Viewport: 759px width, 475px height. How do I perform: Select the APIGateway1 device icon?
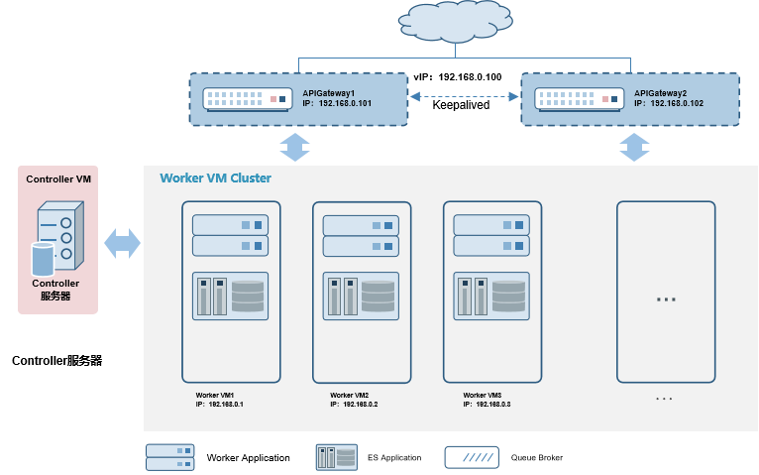247,99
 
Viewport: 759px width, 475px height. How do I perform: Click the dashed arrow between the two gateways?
465,97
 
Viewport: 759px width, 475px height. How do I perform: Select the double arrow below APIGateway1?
295,146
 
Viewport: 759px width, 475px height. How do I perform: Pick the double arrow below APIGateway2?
634,146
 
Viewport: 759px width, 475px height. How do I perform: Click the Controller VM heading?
58,179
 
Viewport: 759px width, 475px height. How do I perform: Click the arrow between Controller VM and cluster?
122,244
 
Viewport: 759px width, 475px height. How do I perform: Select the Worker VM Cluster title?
215,178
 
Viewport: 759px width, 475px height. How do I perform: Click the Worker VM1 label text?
215,395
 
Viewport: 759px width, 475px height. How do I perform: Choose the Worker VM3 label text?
482,395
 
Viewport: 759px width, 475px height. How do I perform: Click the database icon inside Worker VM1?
247,296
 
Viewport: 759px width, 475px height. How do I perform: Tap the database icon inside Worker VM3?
508,296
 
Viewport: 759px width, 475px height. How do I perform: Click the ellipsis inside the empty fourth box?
666,298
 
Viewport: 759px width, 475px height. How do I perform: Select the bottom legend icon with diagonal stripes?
471,457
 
